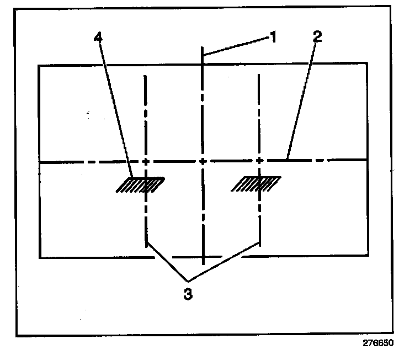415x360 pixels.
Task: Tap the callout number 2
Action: (x=317, y=37)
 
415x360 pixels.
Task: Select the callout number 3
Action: (x=188, y=293)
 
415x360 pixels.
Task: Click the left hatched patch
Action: (x=141, y=184)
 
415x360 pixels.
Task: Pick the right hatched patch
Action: (x=257, y=184)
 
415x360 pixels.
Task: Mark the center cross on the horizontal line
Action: (x=203, y=161)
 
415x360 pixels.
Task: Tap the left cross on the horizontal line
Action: (x=146, y=161)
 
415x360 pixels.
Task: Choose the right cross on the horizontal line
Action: (x=259, y=161)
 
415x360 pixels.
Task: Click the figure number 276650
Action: (x=378, y=343)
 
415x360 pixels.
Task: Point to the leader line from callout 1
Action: (x=237, y=47)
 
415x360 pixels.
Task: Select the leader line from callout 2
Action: (x=301, y=99)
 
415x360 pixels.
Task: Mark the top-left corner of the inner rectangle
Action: (x=39, y=65)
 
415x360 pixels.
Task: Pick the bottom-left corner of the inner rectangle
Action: (x=40, y=257)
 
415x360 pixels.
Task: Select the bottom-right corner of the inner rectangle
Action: (x=368, y=256)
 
